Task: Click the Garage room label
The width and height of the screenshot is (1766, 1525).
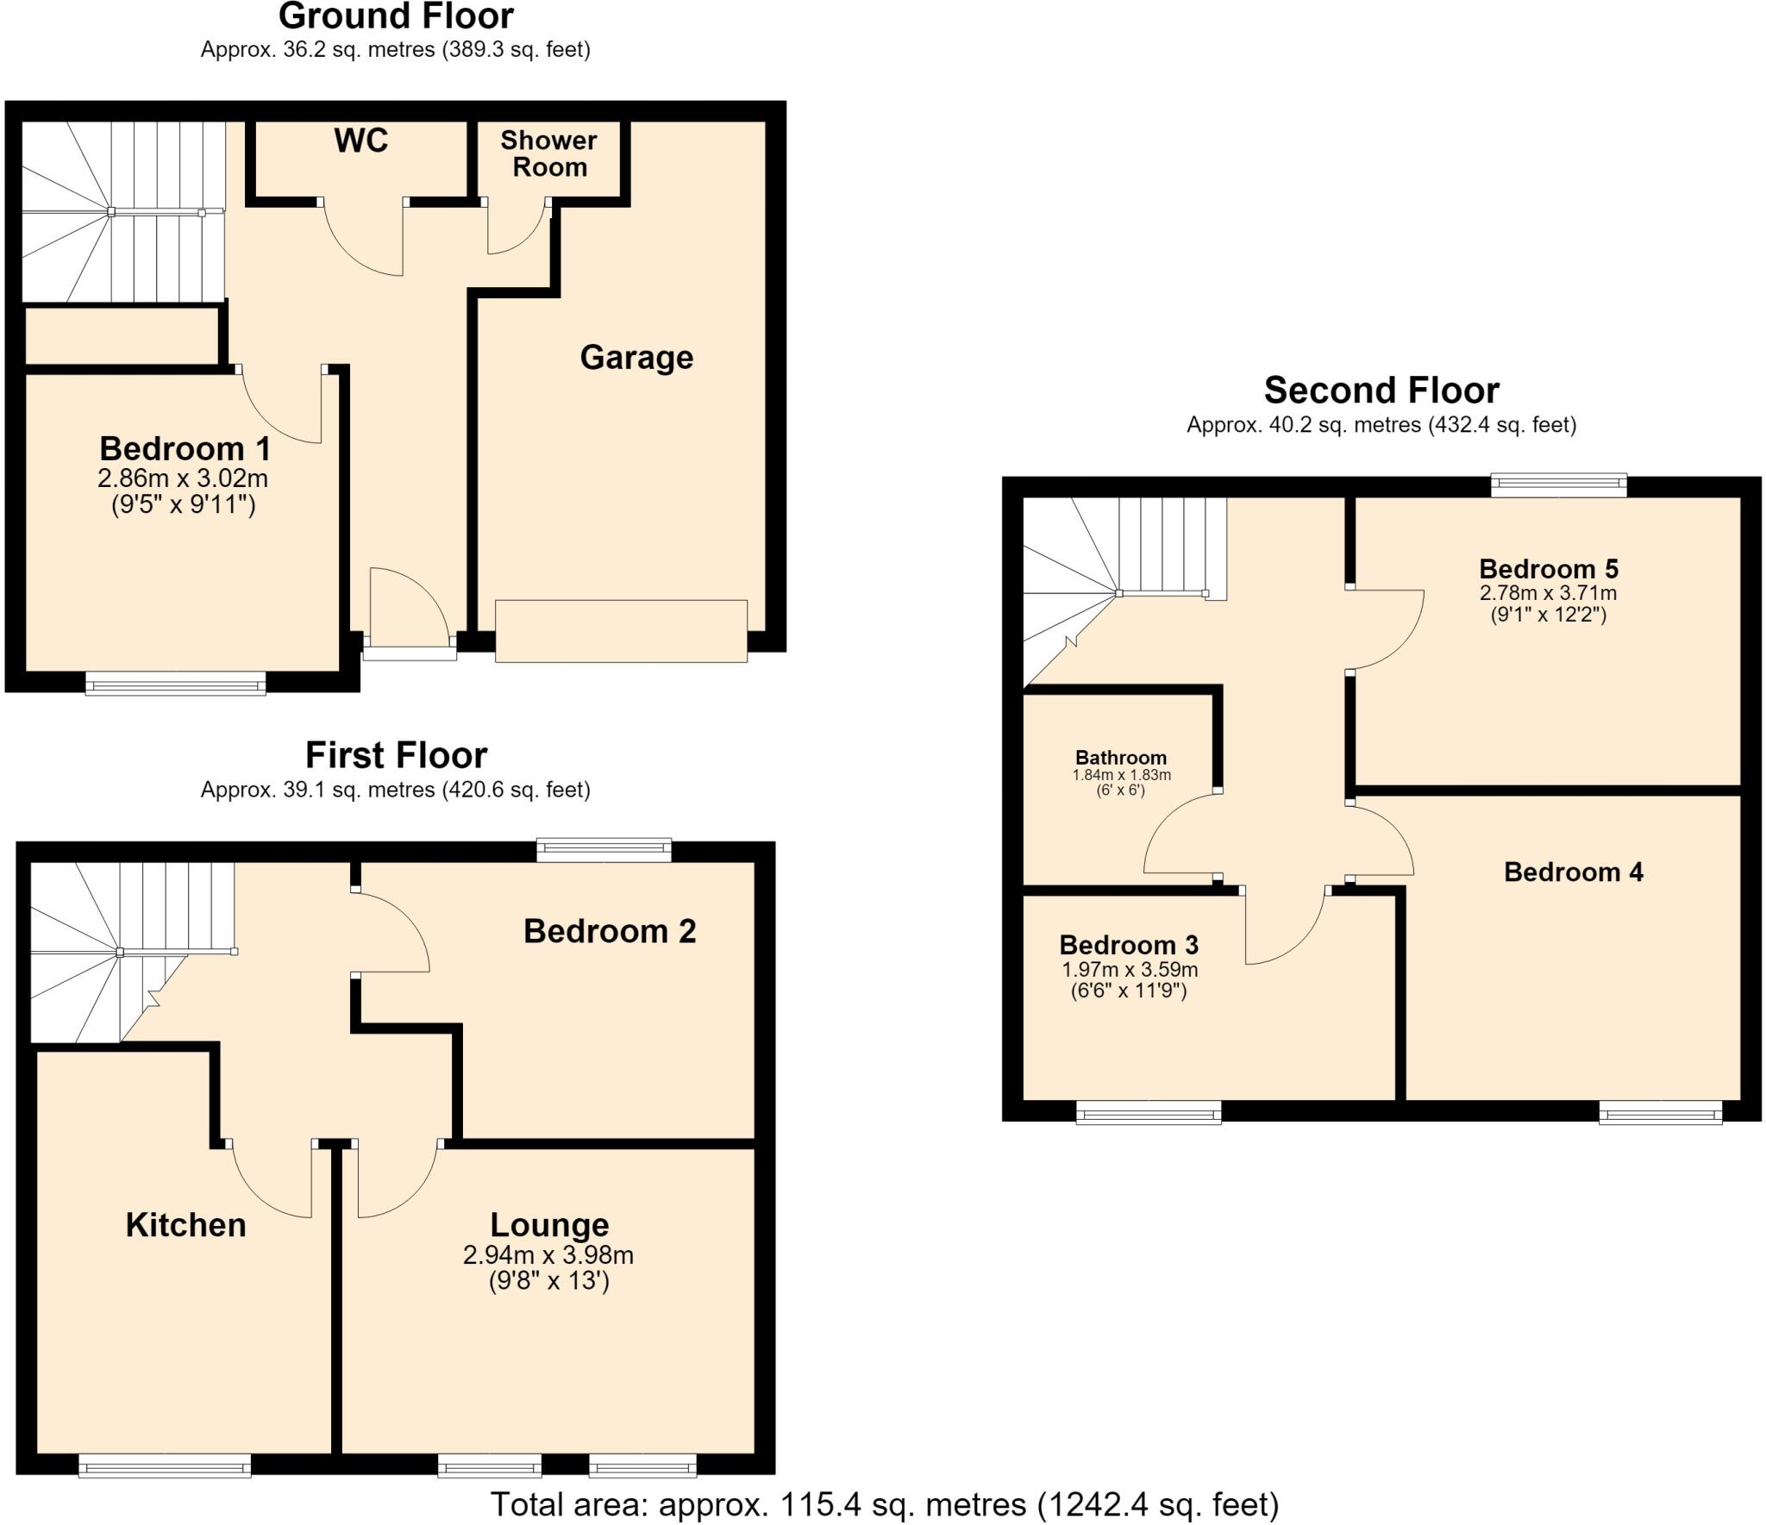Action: [636, 357]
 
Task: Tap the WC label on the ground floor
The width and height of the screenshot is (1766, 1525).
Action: [361, 140]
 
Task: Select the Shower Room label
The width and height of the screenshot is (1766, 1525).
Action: [549, 153]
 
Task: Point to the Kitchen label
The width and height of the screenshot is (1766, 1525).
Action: [185, 1224]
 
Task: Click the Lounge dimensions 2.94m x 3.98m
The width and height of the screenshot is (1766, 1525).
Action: [548, 1255]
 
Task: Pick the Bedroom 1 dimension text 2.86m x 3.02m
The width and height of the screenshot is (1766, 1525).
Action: [183, 478]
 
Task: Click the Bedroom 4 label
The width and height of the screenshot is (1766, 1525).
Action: [1574, 872]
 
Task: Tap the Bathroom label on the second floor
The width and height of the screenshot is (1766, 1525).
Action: [1121, 757]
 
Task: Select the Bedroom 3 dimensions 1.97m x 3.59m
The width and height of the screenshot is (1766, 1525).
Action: [1130, 969]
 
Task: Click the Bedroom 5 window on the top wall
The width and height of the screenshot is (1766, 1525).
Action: [1559, 485]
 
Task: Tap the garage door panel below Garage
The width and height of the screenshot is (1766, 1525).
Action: [621, 631]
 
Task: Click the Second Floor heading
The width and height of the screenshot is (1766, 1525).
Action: [1381, 391]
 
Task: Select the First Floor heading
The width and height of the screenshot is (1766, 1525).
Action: [396, 755]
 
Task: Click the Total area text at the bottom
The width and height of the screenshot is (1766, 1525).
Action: [885, 1504]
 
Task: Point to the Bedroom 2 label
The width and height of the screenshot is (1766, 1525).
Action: [610, 931]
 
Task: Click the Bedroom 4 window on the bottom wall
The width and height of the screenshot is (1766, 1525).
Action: [1661, 1113]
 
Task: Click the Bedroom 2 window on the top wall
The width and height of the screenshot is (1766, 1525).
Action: [604, 851]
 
